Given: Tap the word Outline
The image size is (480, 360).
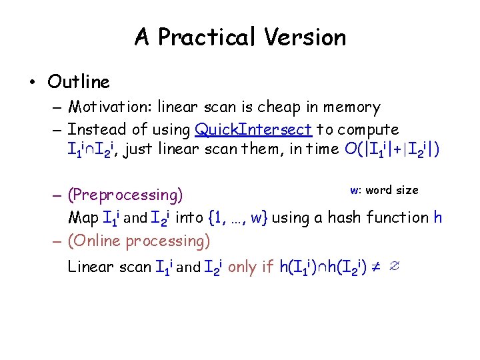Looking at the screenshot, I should point(79,82).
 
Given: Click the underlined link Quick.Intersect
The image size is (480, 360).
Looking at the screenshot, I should point(253,129).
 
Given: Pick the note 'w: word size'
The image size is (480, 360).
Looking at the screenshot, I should point(384,190).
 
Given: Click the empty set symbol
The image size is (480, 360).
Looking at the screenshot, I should point(394,267).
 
